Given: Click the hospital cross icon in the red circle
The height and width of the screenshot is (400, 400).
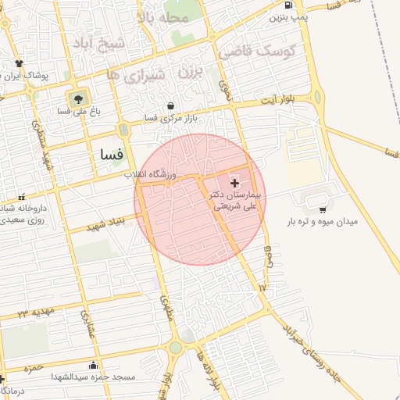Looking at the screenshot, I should pos(234,182).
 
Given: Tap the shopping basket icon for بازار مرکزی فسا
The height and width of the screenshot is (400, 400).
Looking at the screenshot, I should pos(171,106).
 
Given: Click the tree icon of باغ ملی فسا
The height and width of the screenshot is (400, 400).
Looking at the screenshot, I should pos(78,99).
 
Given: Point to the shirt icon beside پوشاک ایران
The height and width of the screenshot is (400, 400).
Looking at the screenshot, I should pos(17,64).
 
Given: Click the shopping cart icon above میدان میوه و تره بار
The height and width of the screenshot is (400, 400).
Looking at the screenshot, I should pos(323,209).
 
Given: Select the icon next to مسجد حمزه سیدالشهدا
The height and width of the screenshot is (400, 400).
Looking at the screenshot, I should pos(95,365).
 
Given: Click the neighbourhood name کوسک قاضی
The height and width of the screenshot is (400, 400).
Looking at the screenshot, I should pos(256,52).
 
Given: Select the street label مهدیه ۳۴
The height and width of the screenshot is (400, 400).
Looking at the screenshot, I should pos(34,314).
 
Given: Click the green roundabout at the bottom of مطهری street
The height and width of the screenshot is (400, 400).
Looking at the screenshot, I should pos(176,348).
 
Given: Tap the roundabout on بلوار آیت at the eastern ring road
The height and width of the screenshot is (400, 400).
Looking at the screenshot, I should pos(318,97).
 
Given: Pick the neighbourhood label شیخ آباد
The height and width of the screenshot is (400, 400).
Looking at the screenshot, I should pos(100,42).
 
